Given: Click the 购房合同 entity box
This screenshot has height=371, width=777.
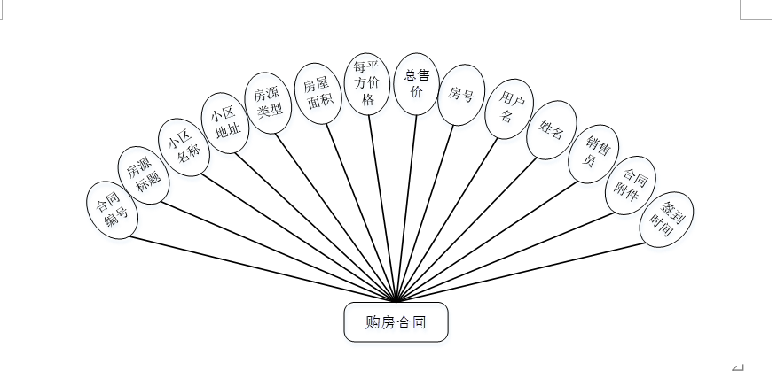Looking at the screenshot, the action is (x=396, y=322).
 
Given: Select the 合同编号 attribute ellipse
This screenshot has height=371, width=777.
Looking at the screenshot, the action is (x=113, y=211).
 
